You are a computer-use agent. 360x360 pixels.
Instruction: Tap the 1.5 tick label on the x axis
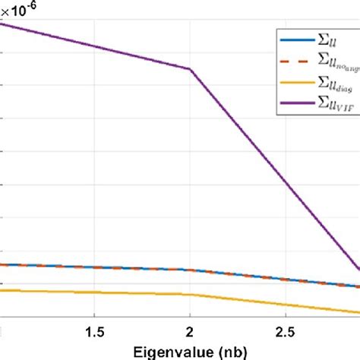(x=93, y=332)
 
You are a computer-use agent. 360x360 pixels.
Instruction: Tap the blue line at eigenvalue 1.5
(x=93, y=267)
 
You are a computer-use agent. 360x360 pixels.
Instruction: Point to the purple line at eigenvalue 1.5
(x=93, y=46)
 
